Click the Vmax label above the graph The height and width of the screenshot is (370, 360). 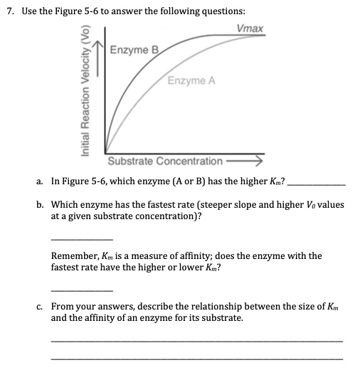(x=250, y=28)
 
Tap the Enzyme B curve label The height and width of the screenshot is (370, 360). (x=133, y=50)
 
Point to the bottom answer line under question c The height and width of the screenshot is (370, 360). (x=196, y=358)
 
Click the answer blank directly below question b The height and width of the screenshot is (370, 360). (x=82, y=237)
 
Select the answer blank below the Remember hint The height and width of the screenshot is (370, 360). (x=82, y=289)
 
